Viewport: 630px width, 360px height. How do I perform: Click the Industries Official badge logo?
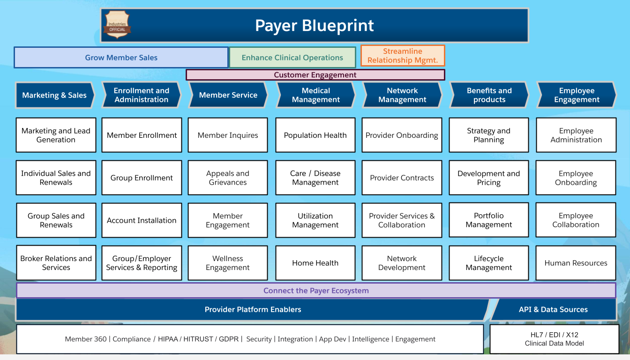117,25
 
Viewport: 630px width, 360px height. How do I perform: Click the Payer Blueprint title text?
314,25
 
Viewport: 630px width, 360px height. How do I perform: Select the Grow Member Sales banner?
121,58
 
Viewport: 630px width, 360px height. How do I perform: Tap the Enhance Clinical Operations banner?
292,58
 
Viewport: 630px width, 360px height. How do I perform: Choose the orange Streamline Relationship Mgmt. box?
402,56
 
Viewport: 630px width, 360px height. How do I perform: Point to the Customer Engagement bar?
315,75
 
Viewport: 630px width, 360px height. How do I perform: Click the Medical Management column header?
315,95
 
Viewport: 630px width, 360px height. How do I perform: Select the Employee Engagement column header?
577,95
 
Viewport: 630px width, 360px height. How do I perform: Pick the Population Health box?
315,135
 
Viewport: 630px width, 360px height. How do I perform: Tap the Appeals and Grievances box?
228,178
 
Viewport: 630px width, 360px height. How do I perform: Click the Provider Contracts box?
402,178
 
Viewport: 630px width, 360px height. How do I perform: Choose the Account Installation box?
142,220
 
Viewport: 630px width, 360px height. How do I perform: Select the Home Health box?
315,263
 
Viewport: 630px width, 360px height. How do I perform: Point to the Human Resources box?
576,263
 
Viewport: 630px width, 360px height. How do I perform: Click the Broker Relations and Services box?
56,263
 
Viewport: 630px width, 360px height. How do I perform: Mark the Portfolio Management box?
488,220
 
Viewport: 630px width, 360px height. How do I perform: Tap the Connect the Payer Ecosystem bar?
316,291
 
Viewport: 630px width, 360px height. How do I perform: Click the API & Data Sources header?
553,309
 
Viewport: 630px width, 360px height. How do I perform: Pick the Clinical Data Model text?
554,344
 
